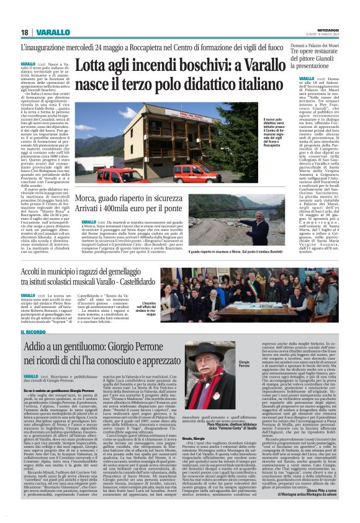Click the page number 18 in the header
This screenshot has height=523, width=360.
24,32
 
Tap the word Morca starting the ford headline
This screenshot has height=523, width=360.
90,199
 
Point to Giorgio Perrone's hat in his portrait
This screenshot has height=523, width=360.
197,348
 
